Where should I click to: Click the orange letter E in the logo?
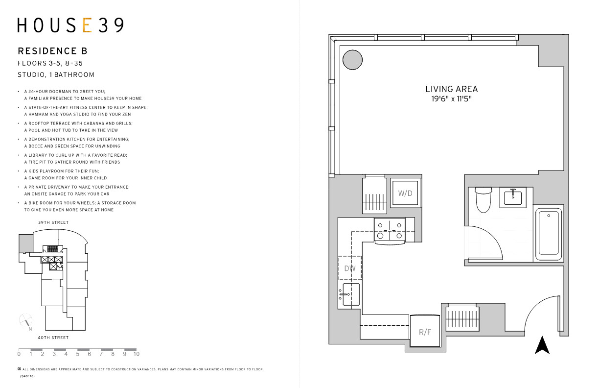point(88,25)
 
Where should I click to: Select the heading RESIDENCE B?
point(53,51)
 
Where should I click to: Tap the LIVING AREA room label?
point(451,89)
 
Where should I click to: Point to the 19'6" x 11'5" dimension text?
point(451,99)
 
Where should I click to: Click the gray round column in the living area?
point(352,60)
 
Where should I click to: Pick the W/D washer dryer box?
point(405,193)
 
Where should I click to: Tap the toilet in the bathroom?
point(484,200)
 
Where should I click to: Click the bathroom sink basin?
point(513,197)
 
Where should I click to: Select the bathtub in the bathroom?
point(548,233)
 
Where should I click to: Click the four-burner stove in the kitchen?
point(390,231)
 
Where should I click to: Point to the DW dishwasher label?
point(350,268)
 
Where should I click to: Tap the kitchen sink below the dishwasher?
point(350,294)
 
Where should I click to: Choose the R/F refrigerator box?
point(425,331)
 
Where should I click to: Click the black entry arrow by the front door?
point(542,345)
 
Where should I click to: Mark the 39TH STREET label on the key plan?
point(53,222)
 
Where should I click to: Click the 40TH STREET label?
point(53,338)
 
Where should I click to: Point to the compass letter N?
point(30,329)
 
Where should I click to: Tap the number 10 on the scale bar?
point(137,354)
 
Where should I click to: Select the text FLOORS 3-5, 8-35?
point(50,64)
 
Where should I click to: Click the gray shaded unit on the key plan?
point(26,243)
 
